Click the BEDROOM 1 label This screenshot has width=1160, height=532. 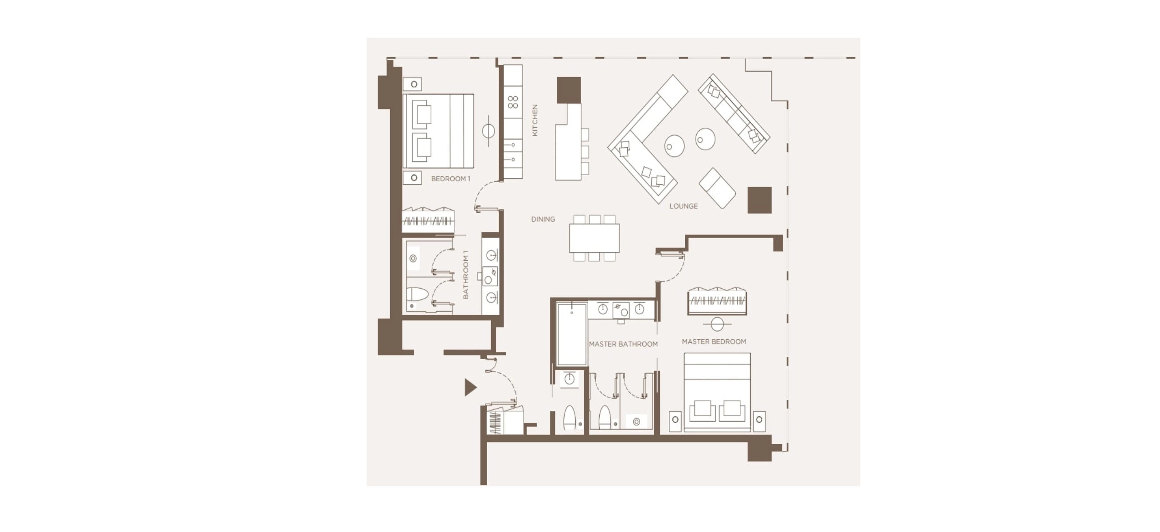(450, 179)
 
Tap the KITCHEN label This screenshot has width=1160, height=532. (535, 120)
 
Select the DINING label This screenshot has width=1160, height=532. (543, 219)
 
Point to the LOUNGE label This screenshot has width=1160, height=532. (683, 206)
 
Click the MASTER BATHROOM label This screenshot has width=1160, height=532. (623, 344)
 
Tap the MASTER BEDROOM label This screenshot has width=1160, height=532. (714, 342)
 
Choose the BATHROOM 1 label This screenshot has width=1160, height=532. (465, 275)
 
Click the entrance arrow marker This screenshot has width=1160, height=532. (471, 387)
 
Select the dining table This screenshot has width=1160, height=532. (594, 238)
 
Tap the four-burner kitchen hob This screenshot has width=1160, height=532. (513, 102)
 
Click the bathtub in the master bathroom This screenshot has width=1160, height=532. (572, 334)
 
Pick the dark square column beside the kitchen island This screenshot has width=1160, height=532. (569, 90)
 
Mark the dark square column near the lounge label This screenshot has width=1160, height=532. (760, 200)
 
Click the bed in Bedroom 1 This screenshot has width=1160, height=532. (438, 131)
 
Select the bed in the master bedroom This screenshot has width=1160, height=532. (717, 392)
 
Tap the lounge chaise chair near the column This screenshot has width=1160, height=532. (717, 188)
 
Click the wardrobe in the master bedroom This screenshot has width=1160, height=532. (717, 301)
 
